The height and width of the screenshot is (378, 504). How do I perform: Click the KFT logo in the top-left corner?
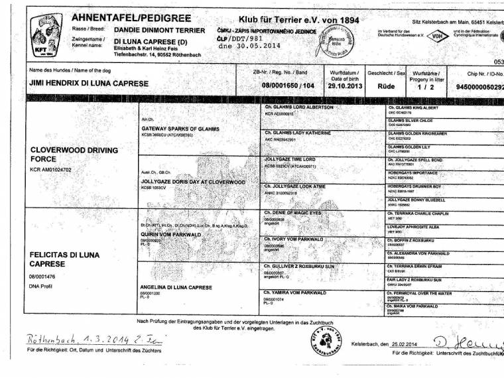click(47, 34)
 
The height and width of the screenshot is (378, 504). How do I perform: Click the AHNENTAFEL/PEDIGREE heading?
click(131, 18)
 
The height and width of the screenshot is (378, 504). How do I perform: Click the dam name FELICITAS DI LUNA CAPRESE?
click(64, 259)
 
